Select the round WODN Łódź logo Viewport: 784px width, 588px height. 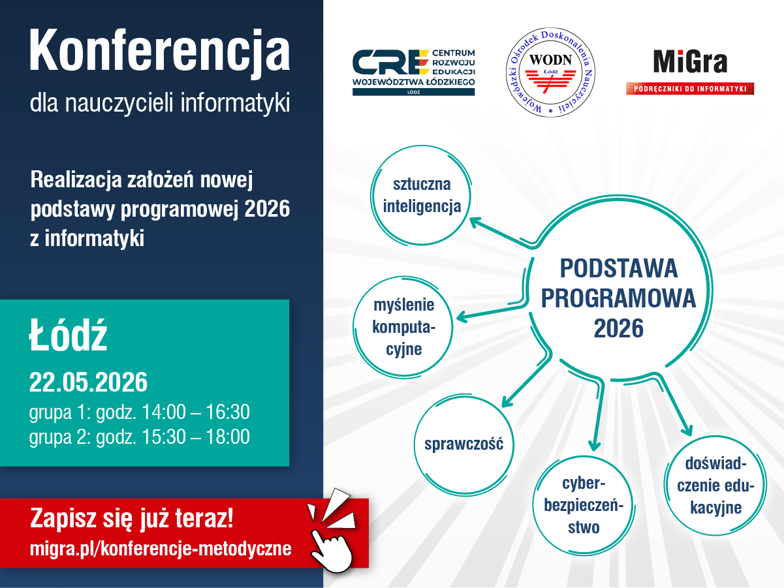point(550,72)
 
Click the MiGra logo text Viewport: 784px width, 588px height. point(690,61)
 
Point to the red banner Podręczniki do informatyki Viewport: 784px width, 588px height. point(690,89)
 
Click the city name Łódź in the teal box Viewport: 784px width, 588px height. point(68,335)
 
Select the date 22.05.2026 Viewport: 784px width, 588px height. point(88,382)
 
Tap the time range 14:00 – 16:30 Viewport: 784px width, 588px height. point(196,412)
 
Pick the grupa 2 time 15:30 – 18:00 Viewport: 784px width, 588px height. point(196,437)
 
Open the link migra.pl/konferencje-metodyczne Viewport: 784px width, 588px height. point(161,548)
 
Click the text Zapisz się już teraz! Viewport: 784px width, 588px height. point(131,518)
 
